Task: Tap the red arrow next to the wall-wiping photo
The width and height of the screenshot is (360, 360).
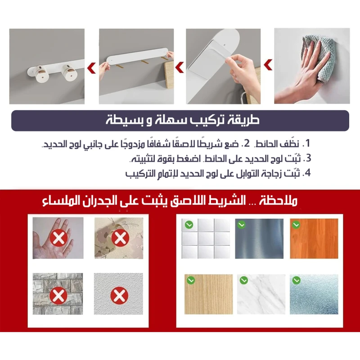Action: pos(268,65)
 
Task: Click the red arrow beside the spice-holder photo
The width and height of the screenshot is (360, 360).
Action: pos(91,68)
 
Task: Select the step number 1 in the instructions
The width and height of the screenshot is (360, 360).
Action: pos(308,143)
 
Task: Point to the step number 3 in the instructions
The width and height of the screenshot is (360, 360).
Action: pos(308,158)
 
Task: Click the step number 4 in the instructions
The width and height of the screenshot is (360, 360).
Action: pos(308,173)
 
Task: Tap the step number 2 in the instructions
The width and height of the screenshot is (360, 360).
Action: pos(247,144)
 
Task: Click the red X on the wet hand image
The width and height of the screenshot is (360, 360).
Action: pos(59,238)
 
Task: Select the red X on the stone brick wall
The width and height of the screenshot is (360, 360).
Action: pos(58,296)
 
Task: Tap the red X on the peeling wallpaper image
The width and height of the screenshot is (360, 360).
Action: pos(120,238)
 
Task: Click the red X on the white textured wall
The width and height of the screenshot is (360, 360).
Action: pos(119,296)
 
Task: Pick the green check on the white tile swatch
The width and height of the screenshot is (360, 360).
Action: pos(189,225)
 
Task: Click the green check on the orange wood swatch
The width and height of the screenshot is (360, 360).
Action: pos(296,225)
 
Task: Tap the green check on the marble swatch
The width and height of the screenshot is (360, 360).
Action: pos(243,280)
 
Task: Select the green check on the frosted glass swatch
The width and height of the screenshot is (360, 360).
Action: pos(297,280)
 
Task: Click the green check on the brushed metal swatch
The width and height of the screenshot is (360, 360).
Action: pos(242,225)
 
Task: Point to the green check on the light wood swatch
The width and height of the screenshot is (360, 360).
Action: pos(191,280)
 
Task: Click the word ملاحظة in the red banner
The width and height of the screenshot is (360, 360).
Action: pos(278,201)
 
